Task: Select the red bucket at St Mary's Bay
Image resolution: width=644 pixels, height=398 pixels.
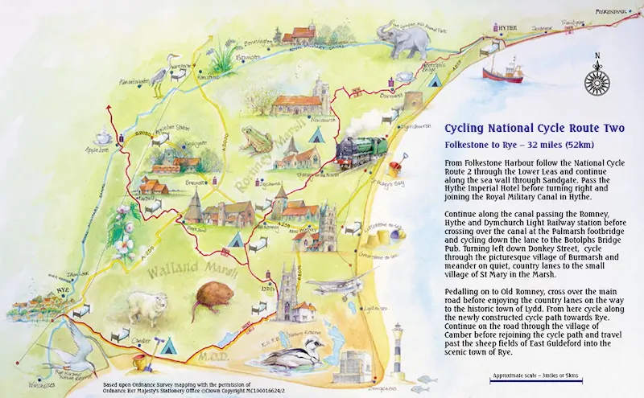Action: tap(396, 170)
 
